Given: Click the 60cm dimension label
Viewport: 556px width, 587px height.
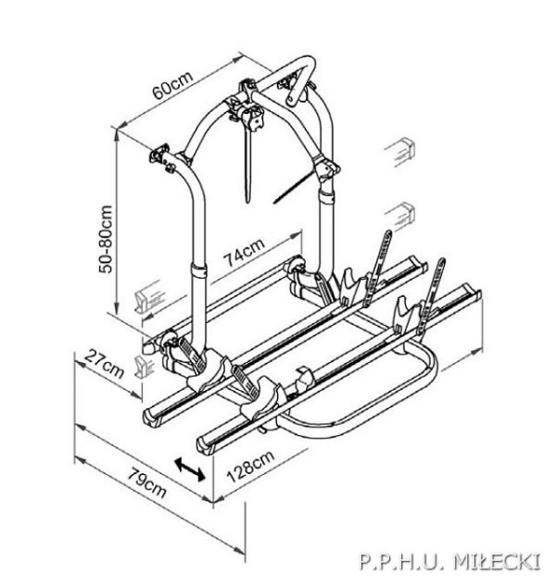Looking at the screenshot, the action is coord(172,84).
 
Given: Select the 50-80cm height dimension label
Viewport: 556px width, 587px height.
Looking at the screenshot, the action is coord(106,240).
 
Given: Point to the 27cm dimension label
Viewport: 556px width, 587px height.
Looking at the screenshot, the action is coord(104,364).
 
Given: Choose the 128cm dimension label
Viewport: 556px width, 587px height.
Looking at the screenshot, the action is coord(250,467).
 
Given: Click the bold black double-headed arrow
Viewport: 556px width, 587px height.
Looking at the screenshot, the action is coord(190,468).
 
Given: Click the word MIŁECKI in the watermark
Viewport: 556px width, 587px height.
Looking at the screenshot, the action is coord(497,562).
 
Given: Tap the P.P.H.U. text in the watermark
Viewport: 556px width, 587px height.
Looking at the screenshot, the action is coord(403,562).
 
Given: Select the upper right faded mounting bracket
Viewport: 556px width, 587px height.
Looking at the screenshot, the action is coord(400,152).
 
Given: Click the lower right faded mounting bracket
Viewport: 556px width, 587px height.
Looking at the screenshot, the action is coord(400,216).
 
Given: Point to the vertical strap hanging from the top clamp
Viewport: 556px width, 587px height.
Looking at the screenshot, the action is coord(247,165).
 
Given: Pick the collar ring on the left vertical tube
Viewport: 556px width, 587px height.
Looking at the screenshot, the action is coord(199,270).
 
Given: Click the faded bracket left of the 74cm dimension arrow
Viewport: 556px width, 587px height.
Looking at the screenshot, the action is coord(147,295).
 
